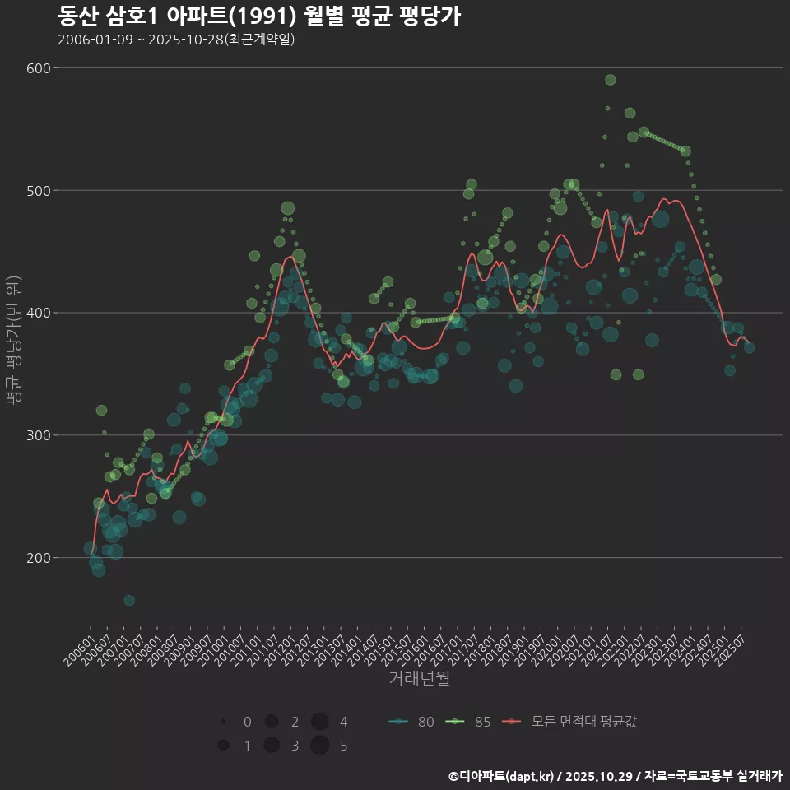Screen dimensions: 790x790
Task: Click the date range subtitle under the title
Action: pyautogui.click(x=176, y=39)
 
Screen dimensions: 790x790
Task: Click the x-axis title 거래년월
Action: pyautogui.click(x=419, y=679)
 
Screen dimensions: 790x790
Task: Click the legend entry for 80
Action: pyautogui.click(x=411, y=722)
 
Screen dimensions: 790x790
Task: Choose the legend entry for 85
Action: pyautogui.click(x=468, y=722)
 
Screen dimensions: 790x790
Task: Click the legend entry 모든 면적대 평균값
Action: pyautogui.click(x=569, y=722)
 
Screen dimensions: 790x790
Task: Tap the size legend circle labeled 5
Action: pyautogui.click(x=320, y=746)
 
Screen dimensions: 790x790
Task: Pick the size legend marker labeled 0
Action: pyautogui.click(x=223, y=722)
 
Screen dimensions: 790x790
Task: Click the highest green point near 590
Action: pyautogui.click(x=611, y=80)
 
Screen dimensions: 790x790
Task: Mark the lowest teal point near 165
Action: pyautogui.click(x=129, y=601)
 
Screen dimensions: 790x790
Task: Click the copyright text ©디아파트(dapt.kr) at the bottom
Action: pyautogui.click(x=503, y=776)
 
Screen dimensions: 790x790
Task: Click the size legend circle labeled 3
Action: pyautogui.click(x=271, y=746)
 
